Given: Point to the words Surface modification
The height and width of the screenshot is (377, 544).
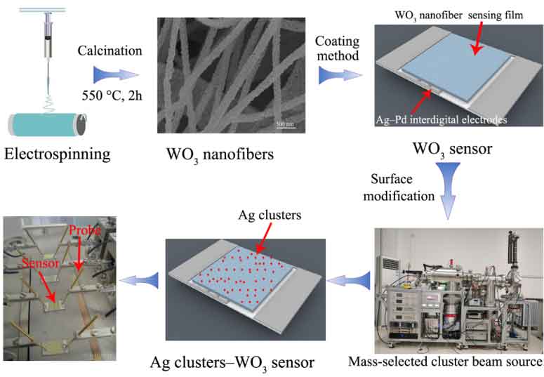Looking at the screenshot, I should (403, 187).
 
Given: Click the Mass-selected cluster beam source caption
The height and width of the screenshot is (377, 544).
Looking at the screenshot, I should (446, 362).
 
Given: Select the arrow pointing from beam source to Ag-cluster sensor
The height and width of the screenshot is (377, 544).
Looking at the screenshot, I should (357, 279).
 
